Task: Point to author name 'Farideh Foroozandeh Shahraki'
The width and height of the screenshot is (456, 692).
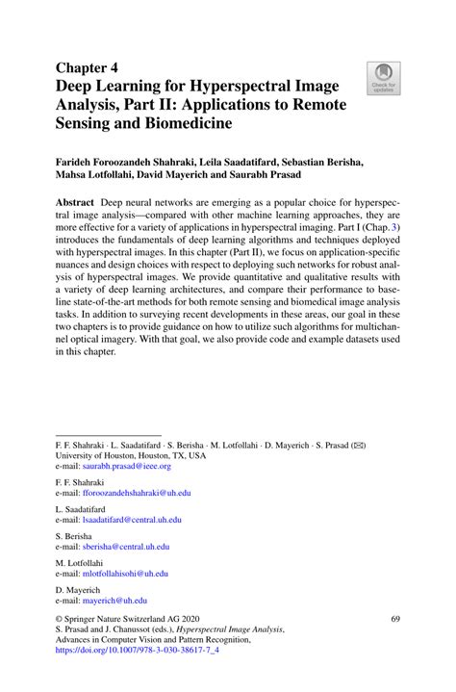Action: click(x=133, y=164)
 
